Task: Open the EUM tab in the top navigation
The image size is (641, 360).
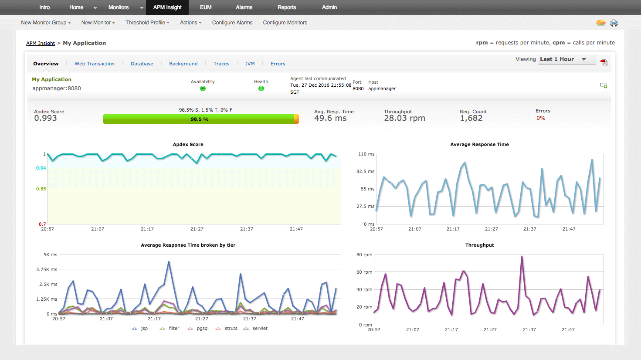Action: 206,7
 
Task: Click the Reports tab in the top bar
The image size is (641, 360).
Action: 287,7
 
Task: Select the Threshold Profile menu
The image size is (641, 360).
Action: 147,23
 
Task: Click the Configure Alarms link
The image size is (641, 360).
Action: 232,23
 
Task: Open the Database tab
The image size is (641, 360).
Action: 142,64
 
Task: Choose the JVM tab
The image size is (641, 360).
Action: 250,64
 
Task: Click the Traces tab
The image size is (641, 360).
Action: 221,64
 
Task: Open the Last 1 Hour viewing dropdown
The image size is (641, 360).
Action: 567,59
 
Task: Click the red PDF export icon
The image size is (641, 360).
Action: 604,63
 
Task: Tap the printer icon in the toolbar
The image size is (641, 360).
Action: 614,23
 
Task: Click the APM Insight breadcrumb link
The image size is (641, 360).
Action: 41,43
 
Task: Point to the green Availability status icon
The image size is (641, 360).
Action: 203,88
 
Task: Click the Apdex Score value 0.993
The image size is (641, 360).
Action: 45,118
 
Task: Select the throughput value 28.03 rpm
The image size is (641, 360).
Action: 404,118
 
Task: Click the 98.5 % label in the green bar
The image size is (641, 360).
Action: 200,119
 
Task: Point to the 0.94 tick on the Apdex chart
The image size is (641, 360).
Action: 41,168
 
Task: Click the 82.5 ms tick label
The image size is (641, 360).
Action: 365,172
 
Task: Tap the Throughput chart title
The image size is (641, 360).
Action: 479,245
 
